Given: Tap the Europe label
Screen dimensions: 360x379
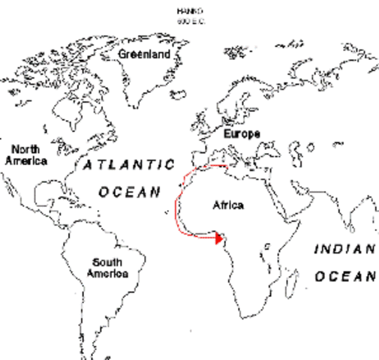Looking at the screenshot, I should point(242,133).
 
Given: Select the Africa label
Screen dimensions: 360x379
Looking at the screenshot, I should point(228,205).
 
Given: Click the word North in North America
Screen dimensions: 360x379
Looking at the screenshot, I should point(26,148).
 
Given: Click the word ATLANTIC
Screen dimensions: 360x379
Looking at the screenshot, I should point(128,164).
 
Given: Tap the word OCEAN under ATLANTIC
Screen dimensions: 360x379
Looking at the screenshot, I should point(129,192).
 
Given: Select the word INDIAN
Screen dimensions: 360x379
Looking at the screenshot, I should point(343,250).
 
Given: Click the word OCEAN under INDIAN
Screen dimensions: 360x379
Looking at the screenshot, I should point(344,277).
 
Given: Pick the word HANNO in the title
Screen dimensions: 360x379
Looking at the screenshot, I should point(185,12).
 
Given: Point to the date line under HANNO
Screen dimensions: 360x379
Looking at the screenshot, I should point(185,22).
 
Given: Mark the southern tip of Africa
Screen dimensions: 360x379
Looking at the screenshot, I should point(259,315).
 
